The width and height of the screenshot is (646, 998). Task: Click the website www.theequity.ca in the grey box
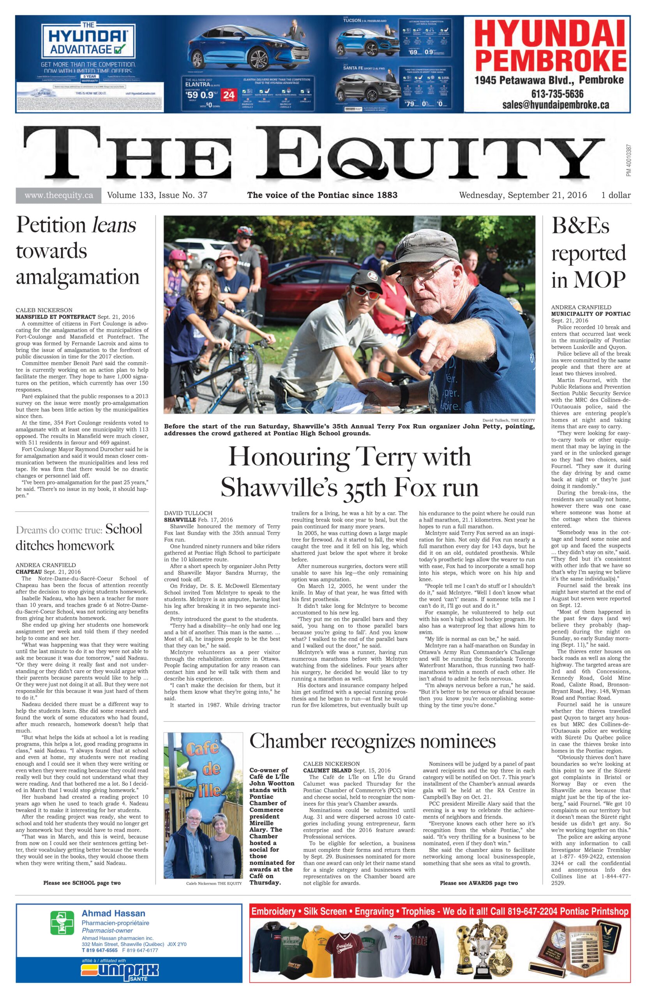[58, 195]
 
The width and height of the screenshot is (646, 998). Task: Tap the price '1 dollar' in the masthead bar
[615, 195]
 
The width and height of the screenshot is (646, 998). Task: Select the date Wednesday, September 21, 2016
[522, 195]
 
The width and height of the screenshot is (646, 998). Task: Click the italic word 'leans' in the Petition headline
[114, 226]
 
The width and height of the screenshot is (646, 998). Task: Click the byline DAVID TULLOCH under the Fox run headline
[188, 513]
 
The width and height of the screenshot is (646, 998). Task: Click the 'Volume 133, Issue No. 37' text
[157, 195]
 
